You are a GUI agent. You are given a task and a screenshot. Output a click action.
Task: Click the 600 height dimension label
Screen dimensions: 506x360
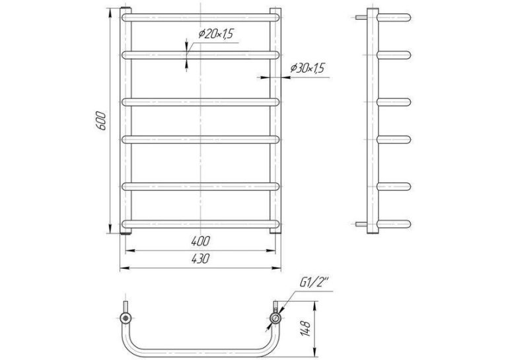[x=101, y=121]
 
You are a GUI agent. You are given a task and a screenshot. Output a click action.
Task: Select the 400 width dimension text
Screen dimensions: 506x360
[x=200, y=241]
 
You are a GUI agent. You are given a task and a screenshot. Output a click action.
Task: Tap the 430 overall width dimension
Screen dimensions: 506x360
[x=200, y=258]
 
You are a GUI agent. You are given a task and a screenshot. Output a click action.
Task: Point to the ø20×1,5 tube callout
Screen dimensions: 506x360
[x=216, y=34]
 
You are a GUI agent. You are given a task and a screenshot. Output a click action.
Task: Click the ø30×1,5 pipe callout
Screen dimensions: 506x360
[x=307, y=68]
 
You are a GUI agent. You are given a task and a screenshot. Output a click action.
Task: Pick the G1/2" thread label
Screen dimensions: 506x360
[x=314, y=283]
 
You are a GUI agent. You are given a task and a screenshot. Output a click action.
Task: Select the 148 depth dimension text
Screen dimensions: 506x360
[x=305, y=328]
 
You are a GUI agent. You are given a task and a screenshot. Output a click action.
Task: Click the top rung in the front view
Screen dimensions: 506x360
[x=200, y=17]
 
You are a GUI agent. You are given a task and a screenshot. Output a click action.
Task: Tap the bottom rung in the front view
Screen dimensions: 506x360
[x=200, y=224]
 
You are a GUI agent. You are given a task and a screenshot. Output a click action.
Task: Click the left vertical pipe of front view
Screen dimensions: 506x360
[x=126, y=120]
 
